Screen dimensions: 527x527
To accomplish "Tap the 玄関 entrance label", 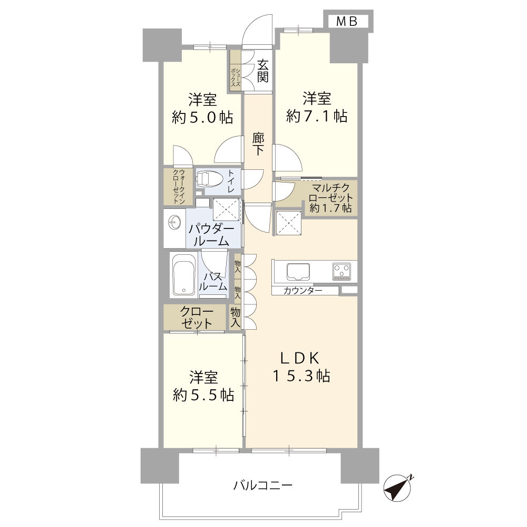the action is pos(262,71).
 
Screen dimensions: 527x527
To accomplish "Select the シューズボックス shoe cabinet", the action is pos(235,70).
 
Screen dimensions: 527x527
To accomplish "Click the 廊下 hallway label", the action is pos(258,144).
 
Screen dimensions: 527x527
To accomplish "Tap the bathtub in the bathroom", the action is pos(183,274).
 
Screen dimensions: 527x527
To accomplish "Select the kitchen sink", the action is pos(298,272).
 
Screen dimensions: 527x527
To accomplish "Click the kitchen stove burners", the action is pos(341,271).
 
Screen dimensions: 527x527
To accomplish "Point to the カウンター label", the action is pos(302,291).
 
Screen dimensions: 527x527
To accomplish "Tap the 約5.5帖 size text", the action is pos(203,395).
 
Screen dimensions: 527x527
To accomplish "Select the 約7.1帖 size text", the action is pos(317,116).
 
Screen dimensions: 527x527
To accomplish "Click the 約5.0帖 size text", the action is pos(202,118).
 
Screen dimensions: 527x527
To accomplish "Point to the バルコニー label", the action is pos(263,485).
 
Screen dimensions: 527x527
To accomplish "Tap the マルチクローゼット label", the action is pos(331,193).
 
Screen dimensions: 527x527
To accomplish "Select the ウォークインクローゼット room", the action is pos(178,186).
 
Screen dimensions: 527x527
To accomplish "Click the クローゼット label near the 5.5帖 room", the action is pos(197,318).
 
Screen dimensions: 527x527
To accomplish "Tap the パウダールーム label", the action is pos(211,235).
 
